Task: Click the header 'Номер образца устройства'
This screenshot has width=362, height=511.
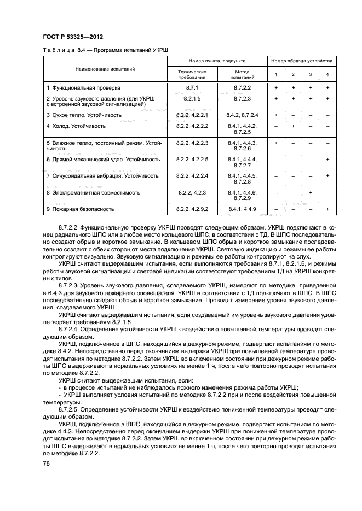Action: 301,62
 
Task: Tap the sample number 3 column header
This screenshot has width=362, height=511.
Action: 310,74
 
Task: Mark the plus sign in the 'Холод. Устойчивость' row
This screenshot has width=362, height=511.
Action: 293,126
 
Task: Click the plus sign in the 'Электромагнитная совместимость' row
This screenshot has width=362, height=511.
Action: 310,192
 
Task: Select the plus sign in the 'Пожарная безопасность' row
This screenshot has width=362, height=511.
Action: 327,209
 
